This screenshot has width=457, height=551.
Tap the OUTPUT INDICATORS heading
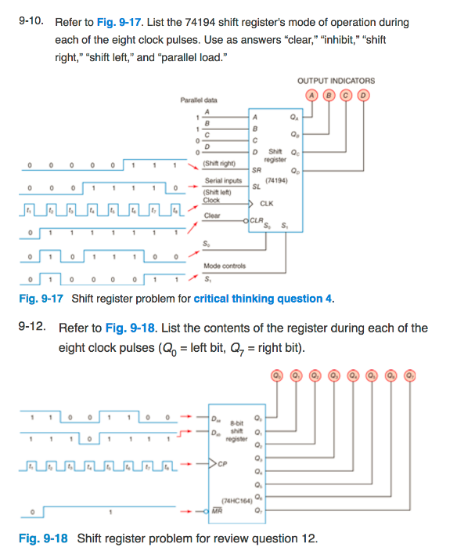click(x=336, y=81)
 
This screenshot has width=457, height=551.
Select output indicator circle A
click(x=312, y=96)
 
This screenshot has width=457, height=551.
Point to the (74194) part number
click(x=276, y=180)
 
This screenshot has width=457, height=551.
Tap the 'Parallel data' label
click(x=199, y=100)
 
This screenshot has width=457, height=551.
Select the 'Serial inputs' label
click(x=222, y=180)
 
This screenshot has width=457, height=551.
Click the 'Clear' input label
click(x=212, y=216)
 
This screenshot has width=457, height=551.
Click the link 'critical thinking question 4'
click(x=263, y=299)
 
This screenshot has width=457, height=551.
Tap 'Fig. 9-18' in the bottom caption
click(x=42, y=538)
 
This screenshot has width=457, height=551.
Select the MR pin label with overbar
click(x=217, y=511)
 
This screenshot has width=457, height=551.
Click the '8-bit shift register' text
click(x=238, y=428)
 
